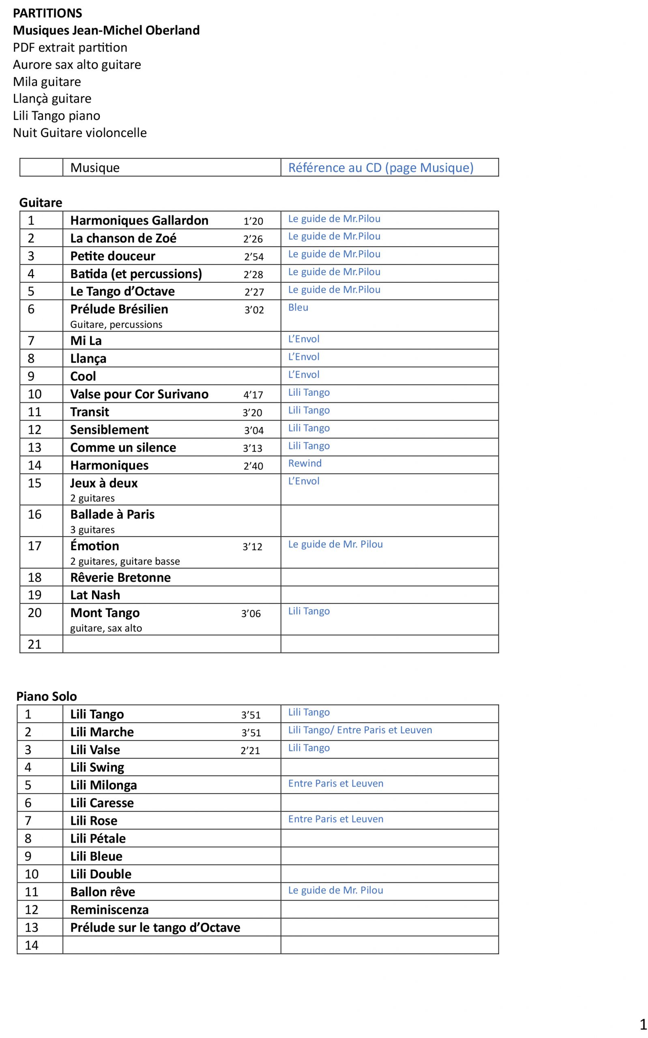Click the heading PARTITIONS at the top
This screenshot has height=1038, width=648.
pyautogui.click(x=47, y=13)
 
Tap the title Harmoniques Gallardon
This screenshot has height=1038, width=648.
pyautogui.click(x=139, y=220)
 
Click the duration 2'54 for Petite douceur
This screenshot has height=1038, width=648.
pyautogui.click(x=254, y=257)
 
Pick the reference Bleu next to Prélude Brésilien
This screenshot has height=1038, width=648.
pyautogui.click(x=298, y=307)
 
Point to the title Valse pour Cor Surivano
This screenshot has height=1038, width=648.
pyautogui.click(x=139, y=394)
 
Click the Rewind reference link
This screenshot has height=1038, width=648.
pyautogui.click(x=305, y=463)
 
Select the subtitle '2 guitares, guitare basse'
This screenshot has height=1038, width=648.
pyautogui.click(x=125, y=561)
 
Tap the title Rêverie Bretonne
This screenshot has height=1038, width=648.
pyautogui.click(x=120, y=577)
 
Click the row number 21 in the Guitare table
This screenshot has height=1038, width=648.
pyautogui.click(x=35, y=644)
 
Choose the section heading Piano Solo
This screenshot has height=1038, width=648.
pyautogui.click(x=47, y=696)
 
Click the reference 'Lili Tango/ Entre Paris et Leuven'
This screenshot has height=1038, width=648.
pyautogui.click(x=360, y=730)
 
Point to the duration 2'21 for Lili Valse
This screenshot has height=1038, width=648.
pyautogui.click(x=250, y=750)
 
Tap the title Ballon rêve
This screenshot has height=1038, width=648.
pyautogui.click(x=103, y=892)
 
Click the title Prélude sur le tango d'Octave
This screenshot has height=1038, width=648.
pyautogui.click(x=155, y=927)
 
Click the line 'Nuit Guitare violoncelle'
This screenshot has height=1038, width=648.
pyautogui.click(x=80, y=133)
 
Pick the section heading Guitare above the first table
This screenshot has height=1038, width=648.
pyautogui.click(x=41, y=203)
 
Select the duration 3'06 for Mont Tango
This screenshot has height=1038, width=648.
pyautogui.click(x=251, y=613)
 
